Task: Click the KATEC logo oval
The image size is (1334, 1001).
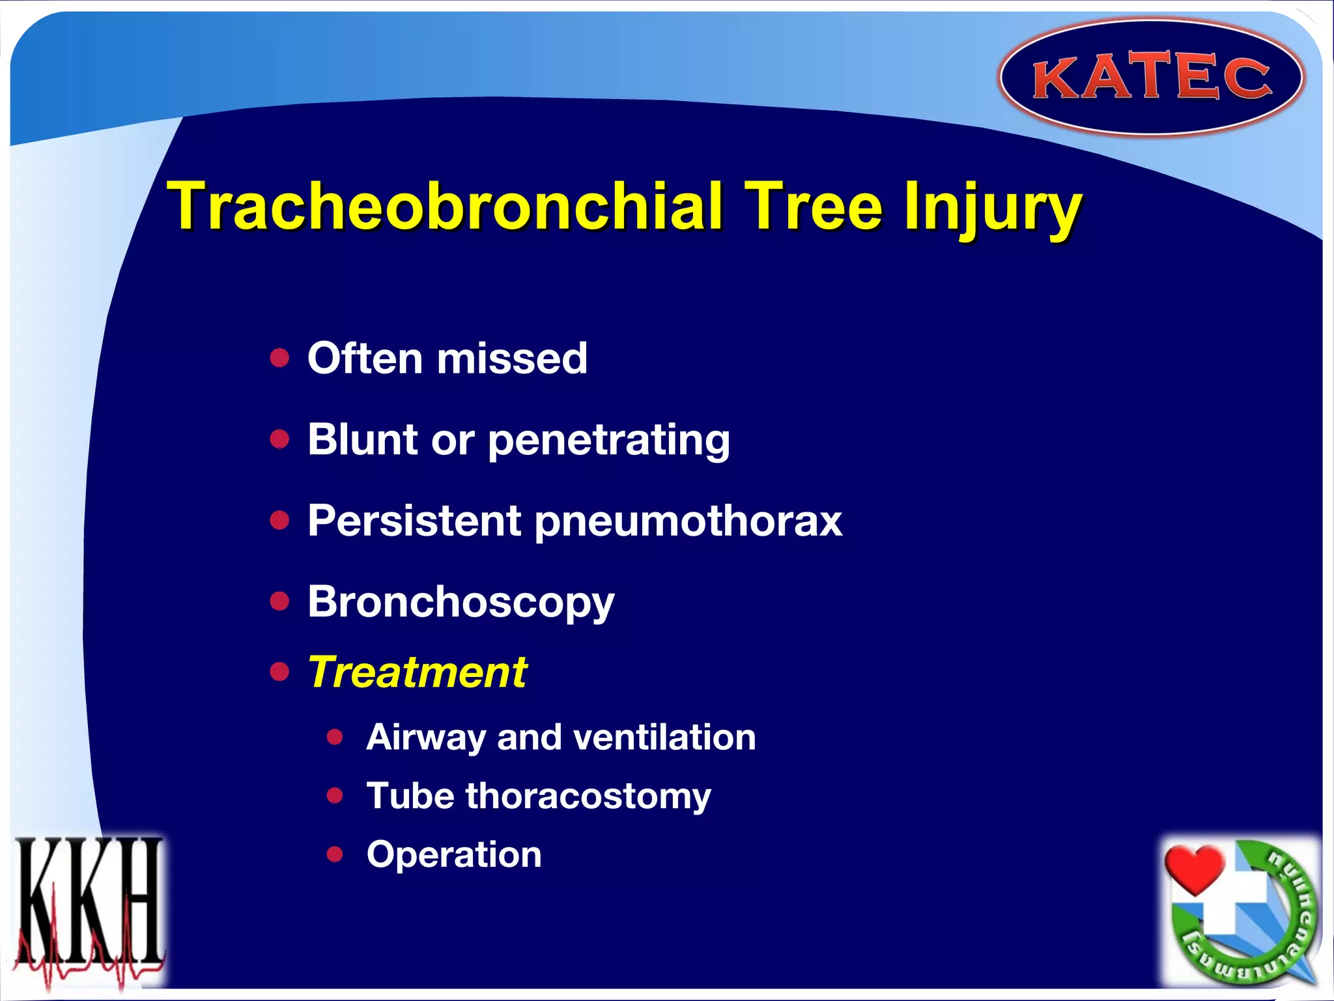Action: pos(1151,78)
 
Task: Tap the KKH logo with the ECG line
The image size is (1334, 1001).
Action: pos(89,909)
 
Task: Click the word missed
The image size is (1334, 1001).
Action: pos(512,358)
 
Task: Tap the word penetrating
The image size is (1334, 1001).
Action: pos(608,441)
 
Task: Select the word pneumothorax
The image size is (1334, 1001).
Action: pos(688,522)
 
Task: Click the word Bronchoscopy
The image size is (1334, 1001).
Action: pos(461,602)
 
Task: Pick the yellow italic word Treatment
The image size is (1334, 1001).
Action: pos(418,672)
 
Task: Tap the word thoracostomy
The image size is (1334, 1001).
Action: pos(588,796)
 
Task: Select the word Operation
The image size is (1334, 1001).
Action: pos(454,854)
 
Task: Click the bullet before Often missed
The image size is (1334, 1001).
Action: pos(279,358)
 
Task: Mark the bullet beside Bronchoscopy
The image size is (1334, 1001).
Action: pos(279,601)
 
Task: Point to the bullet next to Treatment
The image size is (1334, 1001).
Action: pos(279,671)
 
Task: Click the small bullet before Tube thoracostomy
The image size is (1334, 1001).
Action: pos(335,795)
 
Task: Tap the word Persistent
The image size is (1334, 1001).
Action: pos(414,521)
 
